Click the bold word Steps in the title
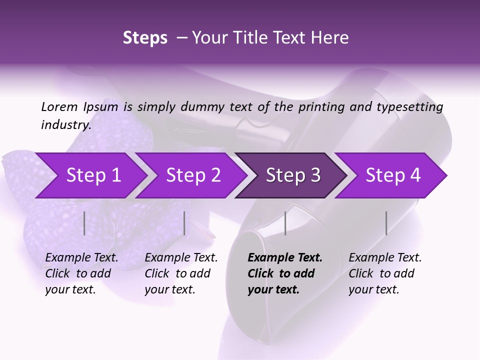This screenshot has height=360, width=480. click(x=145, y=38)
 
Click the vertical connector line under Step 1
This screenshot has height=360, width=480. click(x=84, y=223)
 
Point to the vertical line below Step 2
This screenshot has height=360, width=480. click(x=184, y=223)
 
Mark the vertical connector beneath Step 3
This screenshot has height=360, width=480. click(x=285, y=223)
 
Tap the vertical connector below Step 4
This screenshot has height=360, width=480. click(x=386, y=223)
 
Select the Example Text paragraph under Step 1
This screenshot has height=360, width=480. click(x=81, y=273)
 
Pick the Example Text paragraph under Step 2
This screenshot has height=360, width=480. click(x=181, y=273)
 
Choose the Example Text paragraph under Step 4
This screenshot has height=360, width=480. click(x=385, y=273)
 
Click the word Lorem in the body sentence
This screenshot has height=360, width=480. click(x=59, y=106)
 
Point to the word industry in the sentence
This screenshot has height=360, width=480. click(x=65, y=125)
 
